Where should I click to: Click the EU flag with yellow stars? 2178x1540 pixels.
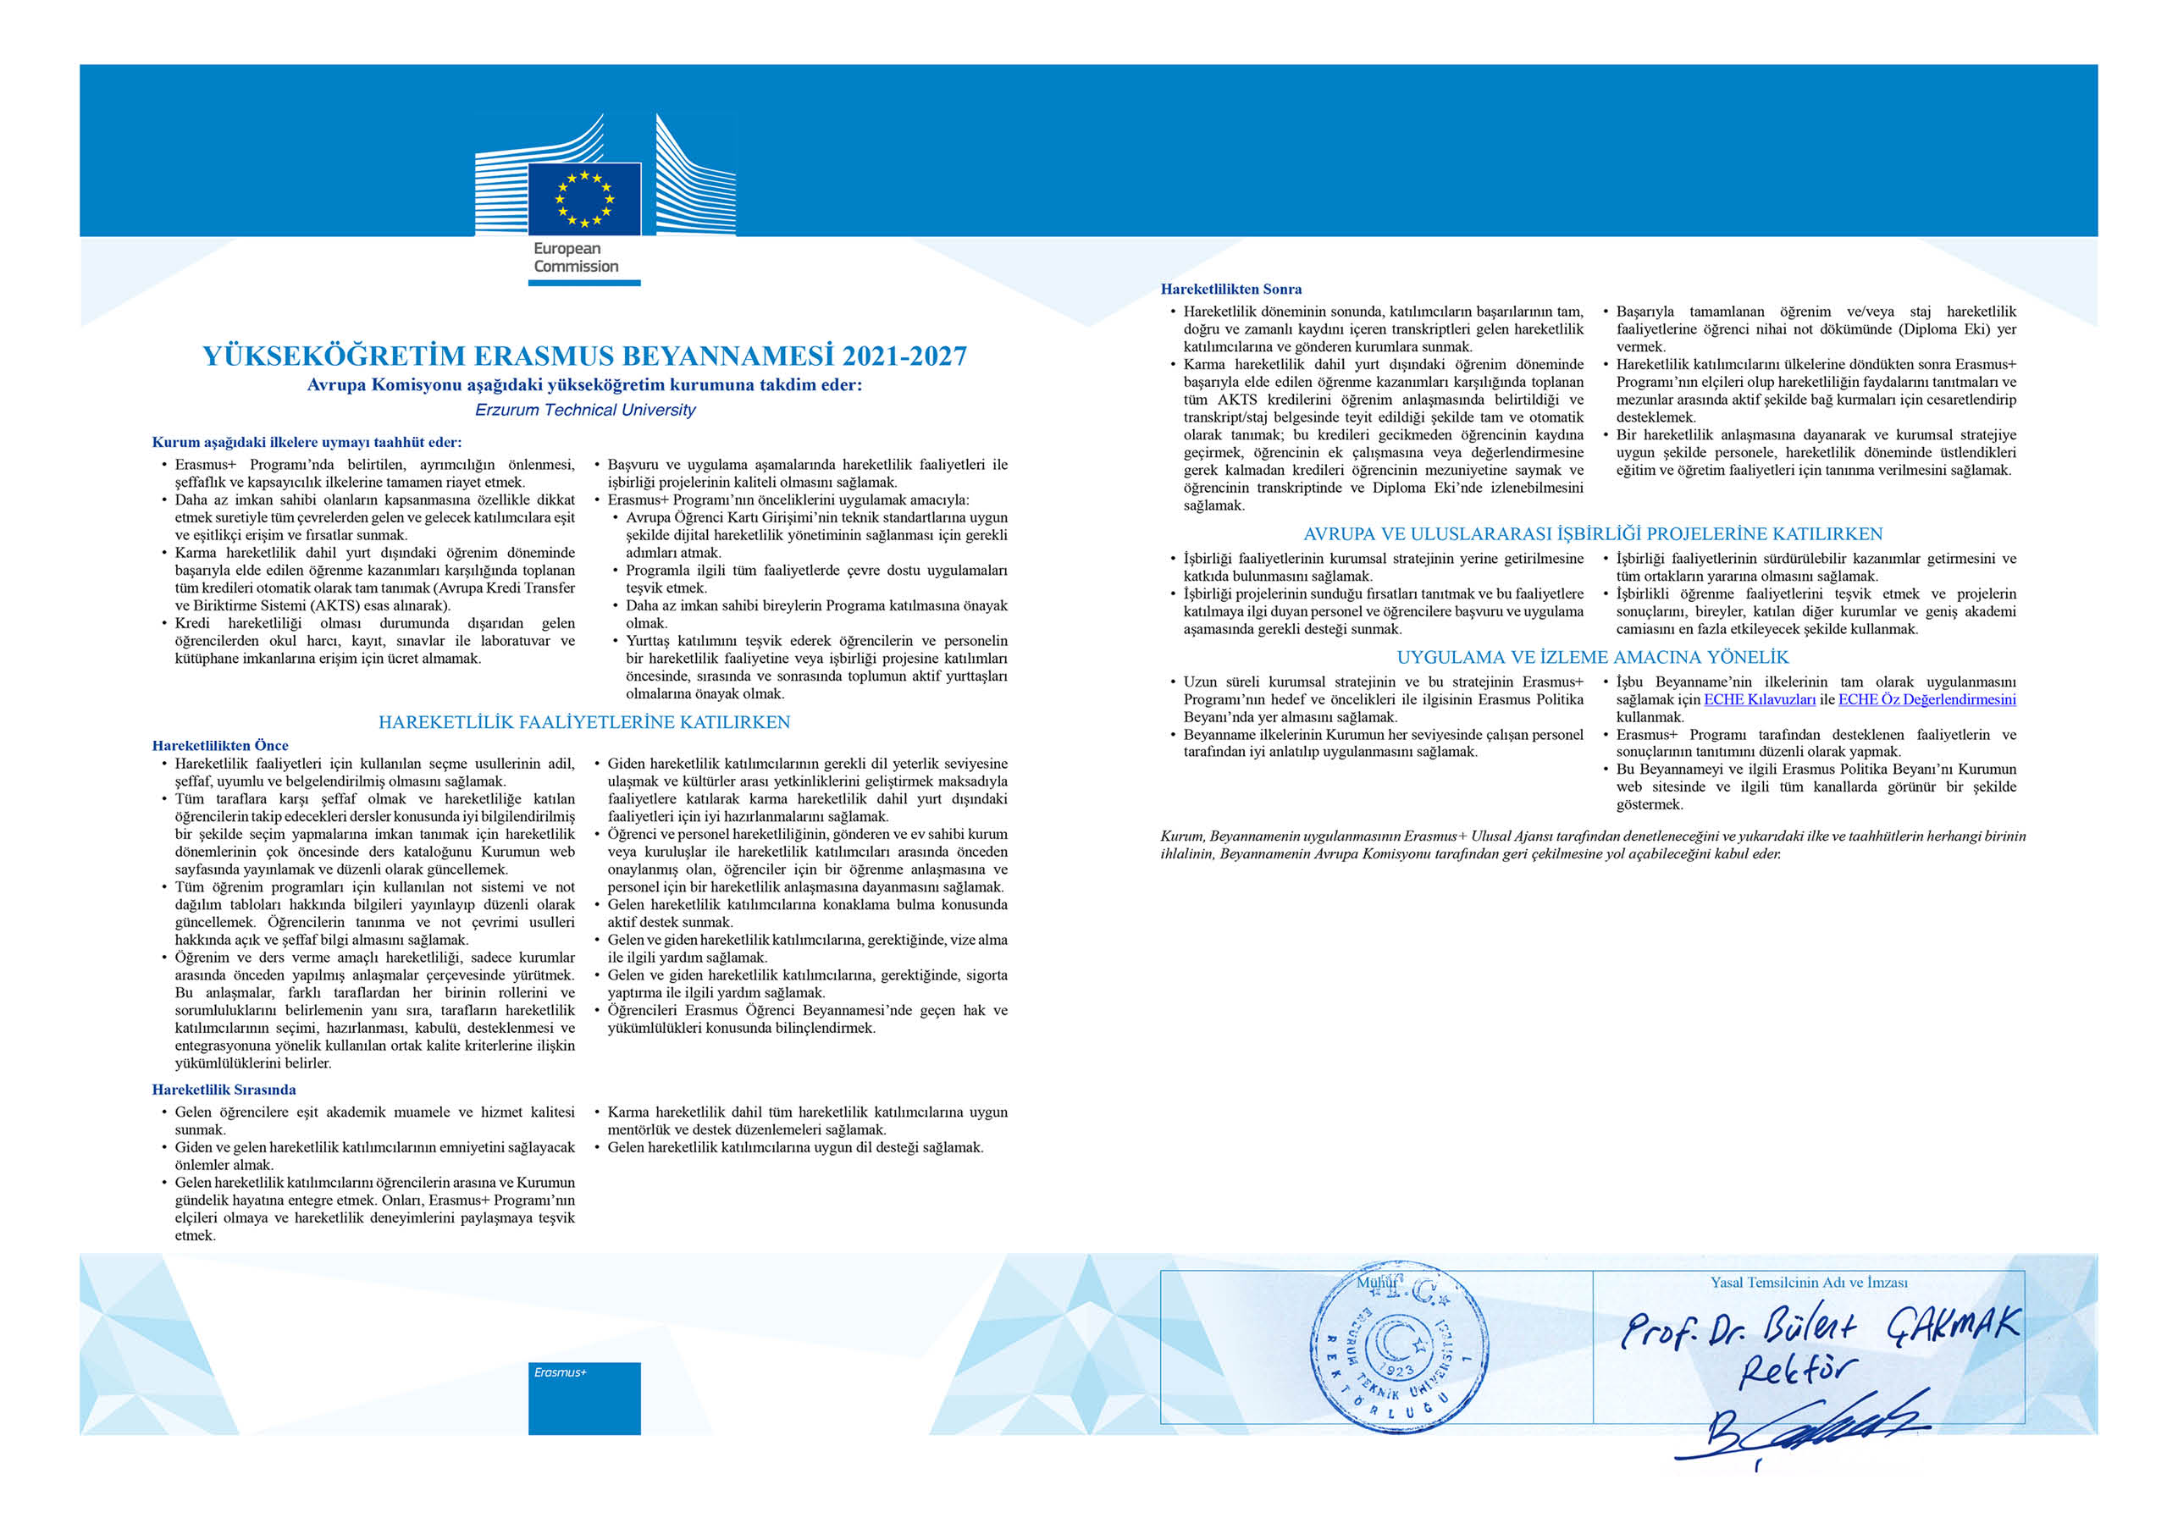point(583,199)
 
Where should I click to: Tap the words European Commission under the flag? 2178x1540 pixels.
point(576,258)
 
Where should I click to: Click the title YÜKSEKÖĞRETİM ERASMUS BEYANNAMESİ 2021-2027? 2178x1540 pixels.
point(584,356)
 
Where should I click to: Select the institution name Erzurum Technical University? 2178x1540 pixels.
point(584,410)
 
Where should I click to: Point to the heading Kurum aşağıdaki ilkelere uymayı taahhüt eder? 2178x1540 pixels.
point(307,442)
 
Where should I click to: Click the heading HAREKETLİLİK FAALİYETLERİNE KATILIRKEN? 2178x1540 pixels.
point(584,722)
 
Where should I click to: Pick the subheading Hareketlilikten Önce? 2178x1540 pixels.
point(220,745)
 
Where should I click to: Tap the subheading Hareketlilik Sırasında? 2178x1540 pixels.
point(224,1090)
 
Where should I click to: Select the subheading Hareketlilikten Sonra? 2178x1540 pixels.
point(1230,290)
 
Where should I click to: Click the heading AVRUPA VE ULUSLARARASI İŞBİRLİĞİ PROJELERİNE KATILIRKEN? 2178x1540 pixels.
point(1593,535)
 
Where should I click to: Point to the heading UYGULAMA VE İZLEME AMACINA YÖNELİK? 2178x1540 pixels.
point(1593,657)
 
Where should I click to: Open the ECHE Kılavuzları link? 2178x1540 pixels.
point(1760,700)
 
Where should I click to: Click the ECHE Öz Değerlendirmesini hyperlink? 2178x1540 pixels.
point(1926,700)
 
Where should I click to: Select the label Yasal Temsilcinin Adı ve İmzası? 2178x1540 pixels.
point(1808,1283)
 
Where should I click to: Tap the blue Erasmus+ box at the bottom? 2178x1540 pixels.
point(584,1399)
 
